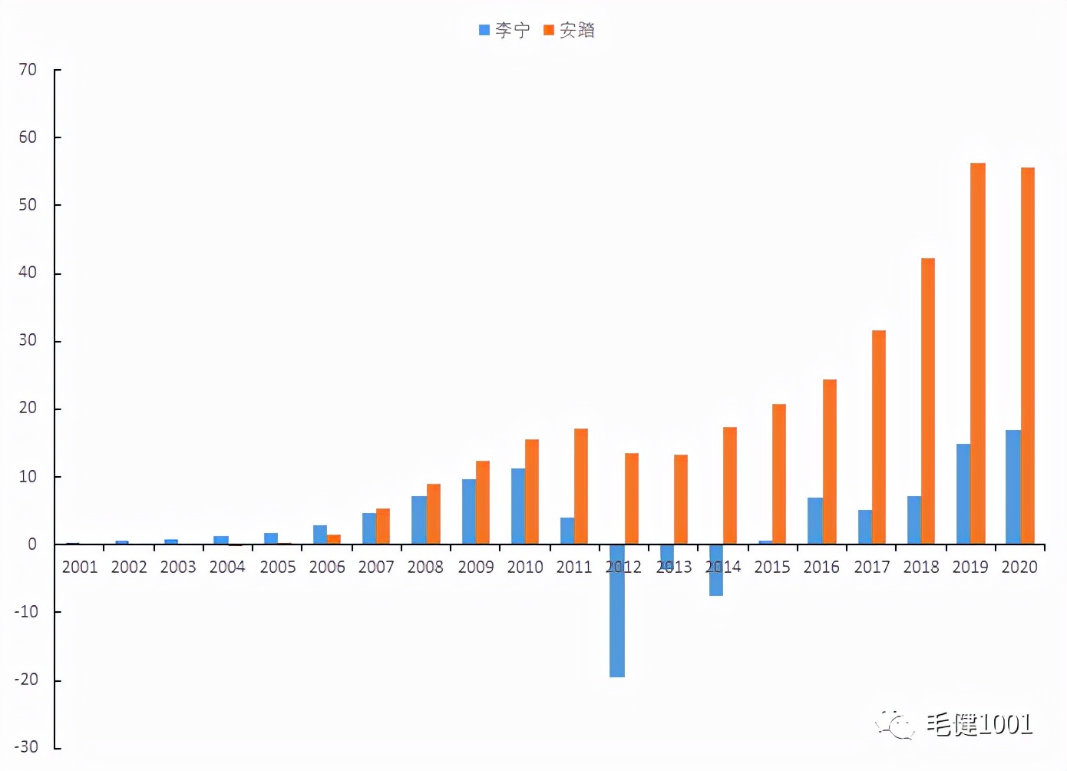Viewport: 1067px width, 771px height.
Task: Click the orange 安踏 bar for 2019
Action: (x=978, y=353)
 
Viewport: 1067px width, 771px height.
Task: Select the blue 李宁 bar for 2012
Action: (x=617, y=611)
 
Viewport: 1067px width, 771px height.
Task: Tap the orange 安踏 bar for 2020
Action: (x=1028, y=356)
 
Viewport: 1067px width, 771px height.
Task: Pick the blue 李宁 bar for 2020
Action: (x=1013, y=487)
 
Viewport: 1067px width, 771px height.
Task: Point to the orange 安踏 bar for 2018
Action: (x=928, y=401)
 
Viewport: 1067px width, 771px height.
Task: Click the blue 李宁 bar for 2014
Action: (x=716, y=570)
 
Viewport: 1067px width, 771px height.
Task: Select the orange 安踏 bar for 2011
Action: (x=581, y=486)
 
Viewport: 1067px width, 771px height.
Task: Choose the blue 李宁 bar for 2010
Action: (x=518, y=506)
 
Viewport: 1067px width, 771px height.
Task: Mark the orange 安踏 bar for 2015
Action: (x=779, y=474)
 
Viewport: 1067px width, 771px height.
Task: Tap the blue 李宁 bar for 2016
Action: (x=814, y=521)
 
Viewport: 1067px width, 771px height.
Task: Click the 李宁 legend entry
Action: (x=505, y=30)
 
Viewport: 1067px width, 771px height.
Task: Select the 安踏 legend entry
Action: (x=570, y=30)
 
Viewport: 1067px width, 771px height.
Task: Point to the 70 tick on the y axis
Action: (x=28, y=70)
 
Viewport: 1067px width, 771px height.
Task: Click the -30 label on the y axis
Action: (x=26, y=746)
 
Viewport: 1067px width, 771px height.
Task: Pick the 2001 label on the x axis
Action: (x=80, y=567)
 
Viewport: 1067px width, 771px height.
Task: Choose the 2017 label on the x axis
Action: (x=872, y=567)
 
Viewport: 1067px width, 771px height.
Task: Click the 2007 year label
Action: (x=376, y=567)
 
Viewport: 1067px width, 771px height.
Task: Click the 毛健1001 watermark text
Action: (x=978, y=723)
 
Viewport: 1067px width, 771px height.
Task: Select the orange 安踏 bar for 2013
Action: (x=681, y=499)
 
